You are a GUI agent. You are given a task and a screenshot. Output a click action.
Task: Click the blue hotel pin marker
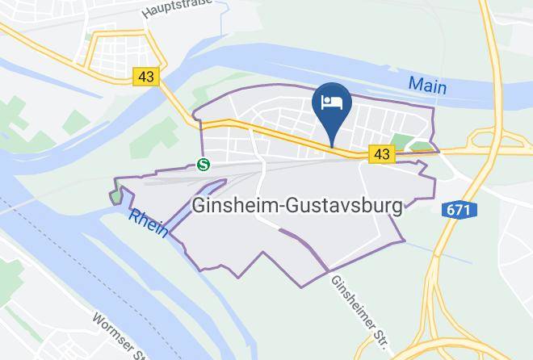tap(331, 107)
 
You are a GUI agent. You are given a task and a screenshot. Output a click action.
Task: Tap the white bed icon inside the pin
tap(331, 102)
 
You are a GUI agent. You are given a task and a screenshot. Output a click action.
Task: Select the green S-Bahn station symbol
tap(204, 165)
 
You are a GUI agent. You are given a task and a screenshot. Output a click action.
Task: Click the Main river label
tap(427, 83)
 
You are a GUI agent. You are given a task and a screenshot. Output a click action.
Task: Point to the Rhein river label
tap(148, 220)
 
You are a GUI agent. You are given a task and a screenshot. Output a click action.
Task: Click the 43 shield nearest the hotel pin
tap(381, 153)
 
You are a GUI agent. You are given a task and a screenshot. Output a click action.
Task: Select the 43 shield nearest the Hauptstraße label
tap(146, 77)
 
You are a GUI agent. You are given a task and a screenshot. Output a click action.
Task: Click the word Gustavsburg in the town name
tap(349, 206)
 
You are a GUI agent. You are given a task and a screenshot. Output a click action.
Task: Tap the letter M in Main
tap(415, 83)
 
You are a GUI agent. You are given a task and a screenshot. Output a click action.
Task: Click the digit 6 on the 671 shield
tap(453, 210)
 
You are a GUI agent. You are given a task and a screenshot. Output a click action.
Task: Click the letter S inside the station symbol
tap(204, 165)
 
